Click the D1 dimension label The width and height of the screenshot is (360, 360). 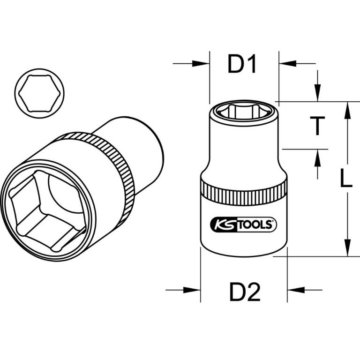click(242, 64)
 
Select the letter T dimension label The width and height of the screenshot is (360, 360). click(318, 126)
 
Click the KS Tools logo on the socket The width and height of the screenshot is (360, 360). click(243, 225)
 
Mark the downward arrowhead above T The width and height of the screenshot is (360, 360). click(318, 94)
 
